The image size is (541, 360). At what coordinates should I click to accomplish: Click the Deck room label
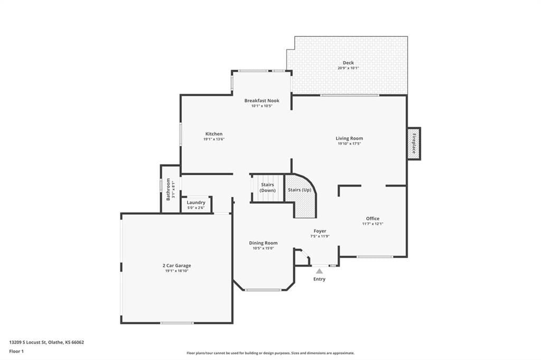click(348, 63)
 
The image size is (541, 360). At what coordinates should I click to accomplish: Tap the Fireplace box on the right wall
click(414, 144)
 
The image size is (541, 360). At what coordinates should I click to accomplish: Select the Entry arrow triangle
click(320, 271)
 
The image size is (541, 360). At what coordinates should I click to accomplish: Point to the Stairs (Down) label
click(268, 187)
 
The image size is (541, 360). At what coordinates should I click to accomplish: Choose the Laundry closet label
click(196, 202)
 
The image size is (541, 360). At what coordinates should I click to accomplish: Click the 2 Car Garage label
click(176, 266)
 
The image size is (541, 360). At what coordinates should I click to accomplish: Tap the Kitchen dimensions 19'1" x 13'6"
click(214, 139)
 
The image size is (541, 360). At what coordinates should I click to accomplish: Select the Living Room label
click(349, 138)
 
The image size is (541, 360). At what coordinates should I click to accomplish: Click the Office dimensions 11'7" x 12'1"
click(372, 224)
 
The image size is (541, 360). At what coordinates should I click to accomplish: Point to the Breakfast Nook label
click(262, 101)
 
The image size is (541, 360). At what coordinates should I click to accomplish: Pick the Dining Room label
click(263, 243)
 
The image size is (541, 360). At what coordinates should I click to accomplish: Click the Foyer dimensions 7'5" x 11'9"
click(320, 236)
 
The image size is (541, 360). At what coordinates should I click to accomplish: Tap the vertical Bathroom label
click(169, 190)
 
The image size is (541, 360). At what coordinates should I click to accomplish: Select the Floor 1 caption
click(16, 352)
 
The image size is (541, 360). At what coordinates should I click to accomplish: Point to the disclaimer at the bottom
click(270, 353)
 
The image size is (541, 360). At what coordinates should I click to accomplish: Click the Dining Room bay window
click(263, 290)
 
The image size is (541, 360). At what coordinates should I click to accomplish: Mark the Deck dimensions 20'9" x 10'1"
click(348, 68)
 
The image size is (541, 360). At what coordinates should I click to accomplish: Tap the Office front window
click(375, 257)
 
